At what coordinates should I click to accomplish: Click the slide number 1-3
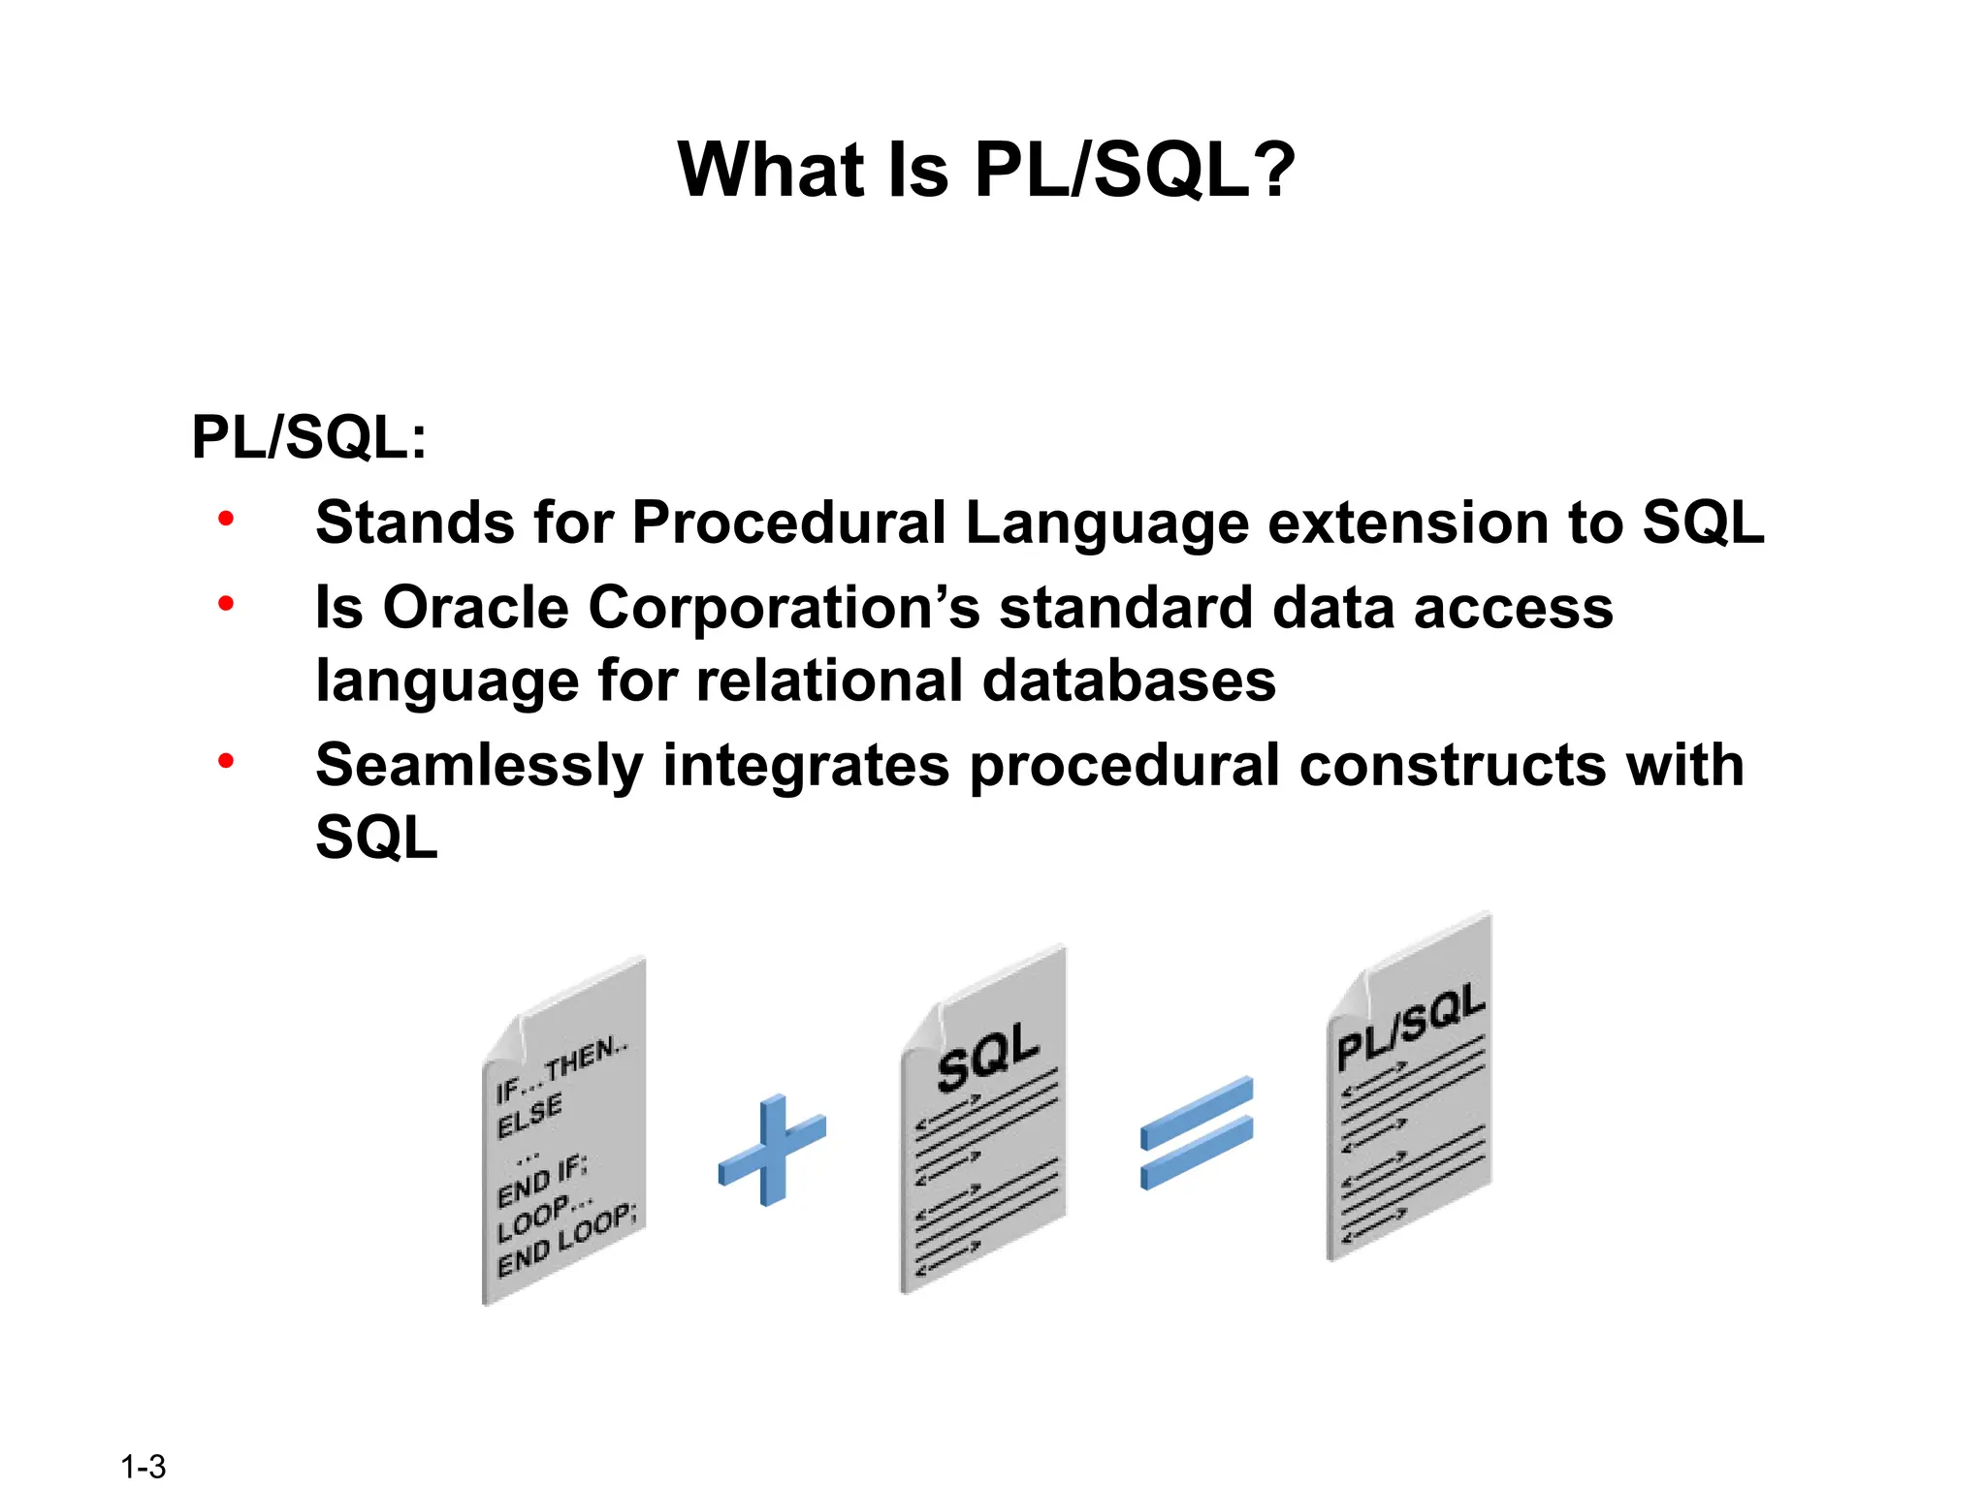coord(143,1466)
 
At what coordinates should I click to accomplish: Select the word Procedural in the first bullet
coord(788,523)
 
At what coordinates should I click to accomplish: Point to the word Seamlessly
coord(479,765)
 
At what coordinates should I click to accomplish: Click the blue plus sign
coord(773,1150)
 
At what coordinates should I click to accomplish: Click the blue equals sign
coord(1197,1132)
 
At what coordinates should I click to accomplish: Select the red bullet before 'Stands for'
coord(226,519)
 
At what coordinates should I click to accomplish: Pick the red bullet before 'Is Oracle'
coord(226,604)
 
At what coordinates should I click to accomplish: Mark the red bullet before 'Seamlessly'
coord(226,761)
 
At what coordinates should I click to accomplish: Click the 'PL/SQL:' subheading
coord(308,437)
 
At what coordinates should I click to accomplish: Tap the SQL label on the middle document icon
coord(987,1056)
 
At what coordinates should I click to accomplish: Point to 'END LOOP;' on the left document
coord(566,1242)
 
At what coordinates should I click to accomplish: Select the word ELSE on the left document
coord(529,1116)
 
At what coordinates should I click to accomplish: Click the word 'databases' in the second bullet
coord(1129,681)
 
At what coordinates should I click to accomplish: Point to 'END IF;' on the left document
coord(541,1182)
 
